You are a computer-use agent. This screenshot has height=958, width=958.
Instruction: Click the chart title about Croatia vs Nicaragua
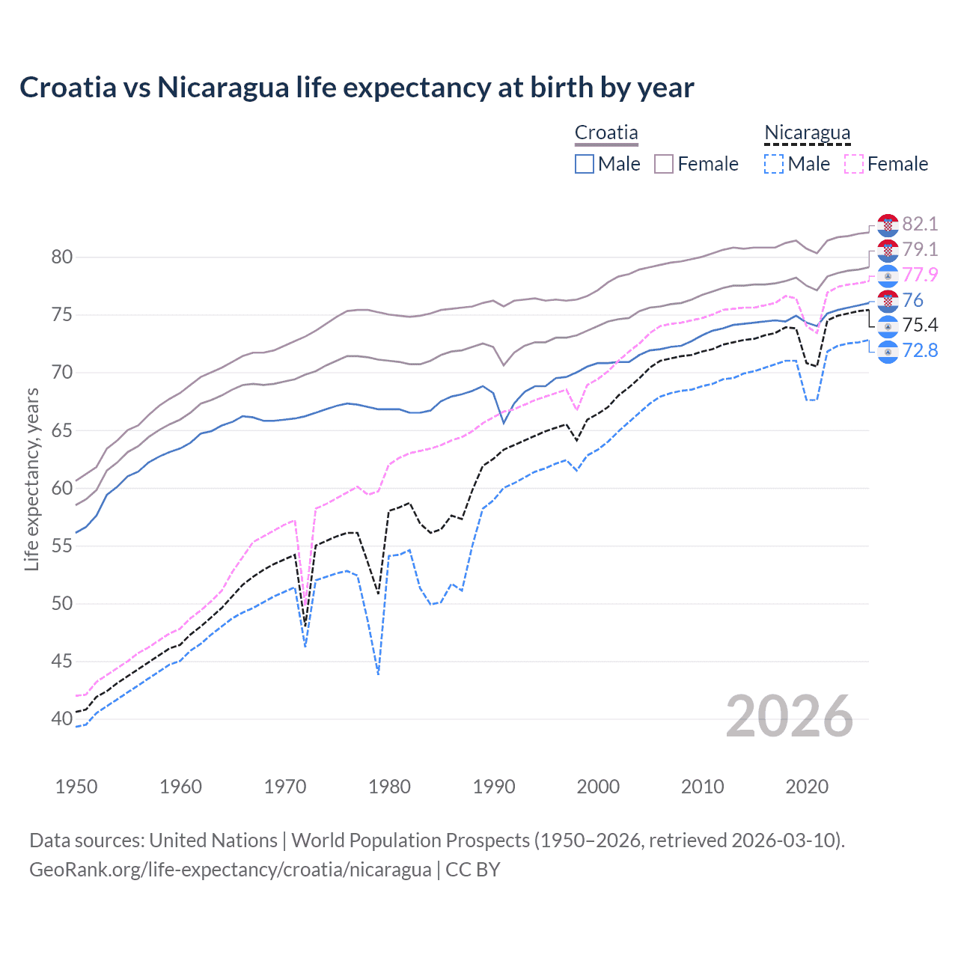coord(356,88)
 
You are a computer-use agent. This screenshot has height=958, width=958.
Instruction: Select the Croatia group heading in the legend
coord(606,132)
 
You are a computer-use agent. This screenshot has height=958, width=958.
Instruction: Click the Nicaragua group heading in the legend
coord(807,132)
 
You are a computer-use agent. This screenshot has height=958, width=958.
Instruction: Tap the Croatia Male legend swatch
coord(585,164)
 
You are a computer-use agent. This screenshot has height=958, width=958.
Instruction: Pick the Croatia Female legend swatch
coord(664,164)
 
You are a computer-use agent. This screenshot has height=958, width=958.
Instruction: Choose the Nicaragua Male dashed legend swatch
coord(774,164)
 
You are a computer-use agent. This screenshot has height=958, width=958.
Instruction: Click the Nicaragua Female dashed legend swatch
coord(854,164)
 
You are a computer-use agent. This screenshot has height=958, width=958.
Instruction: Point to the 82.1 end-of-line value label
coord(920,224)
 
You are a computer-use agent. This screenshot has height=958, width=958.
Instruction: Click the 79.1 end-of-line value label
coord(920,249)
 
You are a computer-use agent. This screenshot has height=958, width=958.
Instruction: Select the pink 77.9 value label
coord(920,275)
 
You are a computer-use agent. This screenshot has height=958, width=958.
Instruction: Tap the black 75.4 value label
coord(920,325)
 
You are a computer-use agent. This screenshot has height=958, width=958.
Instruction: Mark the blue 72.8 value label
coord(920,350)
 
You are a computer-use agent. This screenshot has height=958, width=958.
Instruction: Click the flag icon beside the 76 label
coord(888,301)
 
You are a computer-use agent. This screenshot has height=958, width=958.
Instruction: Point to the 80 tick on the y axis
coord(62,257)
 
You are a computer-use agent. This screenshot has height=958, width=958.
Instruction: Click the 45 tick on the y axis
coord(62,662)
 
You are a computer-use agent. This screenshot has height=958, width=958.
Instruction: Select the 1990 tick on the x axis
coord(494,787)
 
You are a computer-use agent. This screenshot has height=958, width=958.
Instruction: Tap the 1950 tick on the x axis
coord(77,787)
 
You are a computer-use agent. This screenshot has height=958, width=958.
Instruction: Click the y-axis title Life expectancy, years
coord(31,479)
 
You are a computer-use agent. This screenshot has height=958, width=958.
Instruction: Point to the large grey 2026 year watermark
coord(789,717)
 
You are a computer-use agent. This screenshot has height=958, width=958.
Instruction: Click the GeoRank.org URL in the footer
coord(231,870)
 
